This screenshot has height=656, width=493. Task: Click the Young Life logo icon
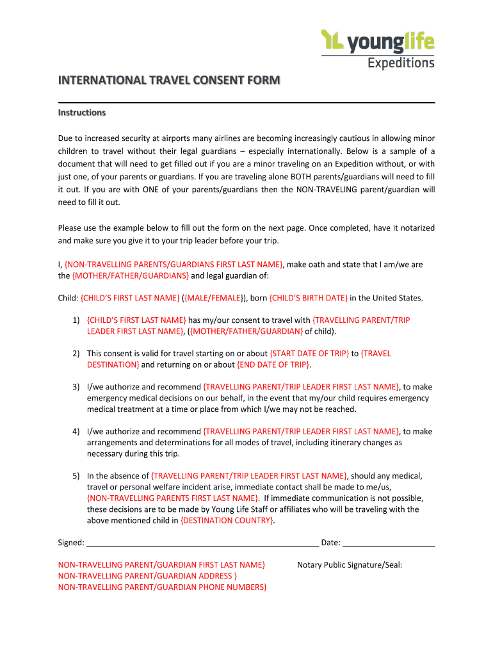332,40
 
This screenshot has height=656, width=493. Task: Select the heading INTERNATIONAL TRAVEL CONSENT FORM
169,80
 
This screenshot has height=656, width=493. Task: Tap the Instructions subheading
81,113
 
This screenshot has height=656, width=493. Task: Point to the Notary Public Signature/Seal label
350,564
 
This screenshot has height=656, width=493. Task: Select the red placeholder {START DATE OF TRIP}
309,353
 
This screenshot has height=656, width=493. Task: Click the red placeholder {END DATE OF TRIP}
273,365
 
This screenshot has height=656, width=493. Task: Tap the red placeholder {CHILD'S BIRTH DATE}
309,298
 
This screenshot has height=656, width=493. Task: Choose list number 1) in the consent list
76,320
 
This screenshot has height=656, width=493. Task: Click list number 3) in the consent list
76,386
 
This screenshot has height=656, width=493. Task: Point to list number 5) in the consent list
76,475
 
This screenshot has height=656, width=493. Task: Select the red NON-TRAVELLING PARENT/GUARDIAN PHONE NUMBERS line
162,587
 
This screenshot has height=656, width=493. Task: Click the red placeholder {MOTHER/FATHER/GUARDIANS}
131,275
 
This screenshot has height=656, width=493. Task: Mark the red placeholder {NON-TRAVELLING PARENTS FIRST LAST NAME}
173,498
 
